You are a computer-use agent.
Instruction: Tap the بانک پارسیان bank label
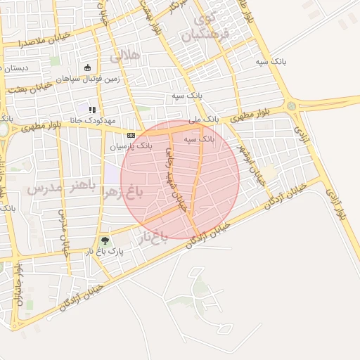click(130, 146)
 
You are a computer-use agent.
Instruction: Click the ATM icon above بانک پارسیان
click(131, 134)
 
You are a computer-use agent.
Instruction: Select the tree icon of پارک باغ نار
click(105, 241)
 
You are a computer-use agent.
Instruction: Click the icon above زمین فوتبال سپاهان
click(87, 68)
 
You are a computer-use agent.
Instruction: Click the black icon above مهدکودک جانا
click(92, 109)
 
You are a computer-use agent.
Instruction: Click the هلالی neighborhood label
click(130, 55)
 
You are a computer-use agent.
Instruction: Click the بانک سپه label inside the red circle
click(199, 140)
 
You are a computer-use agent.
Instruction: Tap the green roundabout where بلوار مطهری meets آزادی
click(291, 105)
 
